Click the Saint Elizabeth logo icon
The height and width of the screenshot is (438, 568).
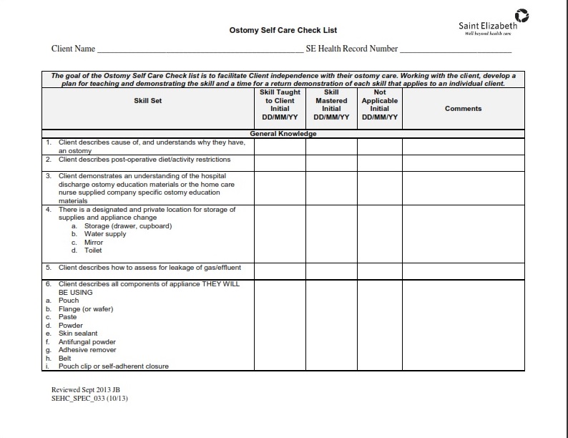(x=522, y=14)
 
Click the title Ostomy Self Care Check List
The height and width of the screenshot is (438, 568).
(x=283, y=31)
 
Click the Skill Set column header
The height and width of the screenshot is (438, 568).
(x=148, y=101)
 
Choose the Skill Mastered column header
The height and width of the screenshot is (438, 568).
(x=331, y=104)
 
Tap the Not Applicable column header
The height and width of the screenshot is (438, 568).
(x=379, y=104)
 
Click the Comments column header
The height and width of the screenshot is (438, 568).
(x=463, y=109)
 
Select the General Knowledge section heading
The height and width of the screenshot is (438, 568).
(x=283, y=134)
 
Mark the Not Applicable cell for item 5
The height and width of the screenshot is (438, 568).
(x=379, y=271)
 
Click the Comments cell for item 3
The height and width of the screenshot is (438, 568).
(x=463, y=188)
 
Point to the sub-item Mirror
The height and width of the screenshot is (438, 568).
(x=94, y=243)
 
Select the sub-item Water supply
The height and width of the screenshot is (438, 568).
(x=104, y=234)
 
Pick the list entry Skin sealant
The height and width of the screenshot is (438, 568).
(x=78, y=334)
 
